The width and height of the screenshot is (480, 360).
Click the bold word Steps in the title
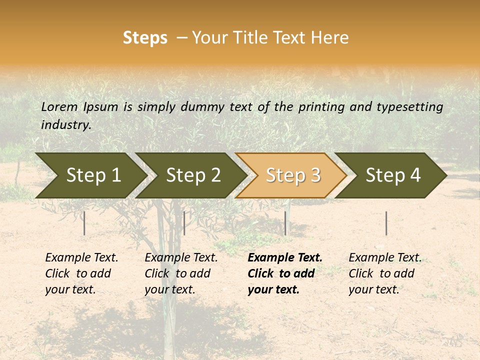pos(145,38)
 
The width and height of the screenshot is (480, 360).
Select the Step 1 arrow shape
pos(90,175)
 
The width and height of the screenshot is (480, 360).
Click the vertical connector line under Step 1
pos(84,223)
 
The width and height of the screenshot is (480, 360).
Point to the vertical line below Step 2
pos(184,223)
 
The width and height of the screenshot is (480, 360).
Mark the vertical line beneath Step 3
pos(285,223)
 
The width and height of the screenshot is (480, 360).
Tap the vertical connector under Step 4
pos(386,223)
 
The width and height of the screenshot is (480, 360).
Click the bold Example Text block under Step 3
pos(285,273)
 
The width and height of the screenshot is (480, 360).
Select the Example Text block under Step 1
pos(81,273)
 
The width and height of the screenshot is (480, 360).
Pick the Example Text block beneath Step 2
pos(181,273)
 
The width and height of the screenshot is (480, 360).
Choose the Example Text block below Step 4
pos(385,273)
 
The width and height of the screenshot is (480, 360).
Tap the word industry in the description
pos(66,124)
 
